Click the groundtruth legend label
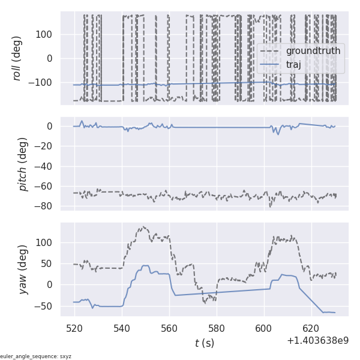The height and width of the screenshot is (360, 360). (313, 51)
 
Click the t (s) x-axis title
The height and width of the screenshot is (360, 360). (204, 343)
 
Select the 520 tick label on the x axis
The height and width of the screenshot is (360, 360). (74, 329)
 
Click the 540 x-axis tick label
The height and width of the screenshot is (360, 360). (122, 329)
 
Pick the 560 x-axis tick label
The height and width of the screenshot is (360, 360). (169, 329)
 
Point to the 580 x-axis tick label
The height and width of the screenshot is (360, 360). (217, 329)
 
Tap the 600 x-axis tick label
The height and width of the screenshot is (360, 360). (264, 329)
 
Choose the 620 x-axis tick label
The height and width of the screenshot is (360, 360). (311, 329)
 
